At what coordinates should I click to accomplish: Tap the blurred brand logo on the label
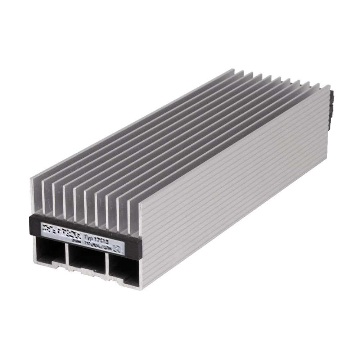[58, 229]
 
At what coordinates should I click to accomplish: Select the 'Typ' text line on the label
[95, 236]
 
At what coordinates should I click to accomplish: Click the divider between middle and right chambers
[107, 265]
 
